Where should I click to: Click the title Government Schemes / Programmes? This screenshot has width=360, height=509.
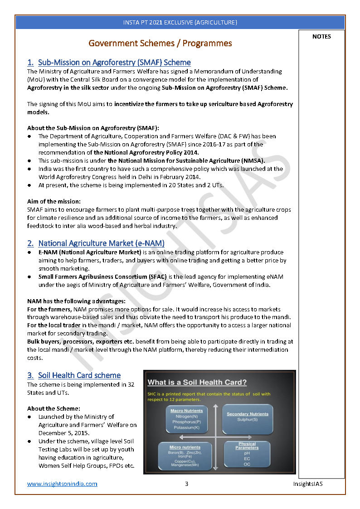(160, 44)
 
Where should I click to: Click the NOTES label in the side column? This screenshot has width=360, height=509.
(321, 37)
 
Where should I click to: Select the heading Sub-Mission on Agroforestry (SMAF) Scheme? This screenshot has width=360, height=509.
(114, 63)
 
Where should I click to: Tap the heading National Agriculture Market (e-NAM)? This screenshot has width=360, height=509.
(101, 243)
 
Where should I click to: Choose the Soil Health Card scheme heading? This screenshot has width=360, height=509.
(79, 375)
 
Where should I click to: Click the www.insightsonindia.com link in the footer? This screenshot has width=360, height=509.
(62, 484)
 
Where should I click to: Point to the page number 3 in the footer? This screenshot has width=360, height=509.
(186, 484)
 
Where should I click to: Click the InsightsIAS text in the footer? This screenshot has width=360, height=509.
(308, 484)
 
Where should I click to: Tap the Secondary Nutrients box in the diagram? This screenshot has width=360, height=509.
(247, 419)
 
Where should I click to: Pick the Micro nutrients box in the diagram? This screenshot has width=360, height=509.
(185, 456)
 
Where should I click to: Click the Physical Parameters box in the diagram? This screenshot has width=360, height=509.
(247, 455)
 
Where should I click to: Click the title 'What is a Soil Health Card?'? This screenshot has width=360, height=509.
(197, 382)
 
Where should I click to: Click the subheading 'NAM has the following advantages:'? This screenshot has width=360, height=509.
(76, 301)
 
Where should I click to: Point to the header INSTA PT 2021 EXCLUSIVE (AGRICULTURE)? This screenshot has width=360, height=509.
(180, 22)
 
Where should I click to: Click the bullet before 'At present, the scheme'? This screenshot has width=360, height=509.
(29, 185)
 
